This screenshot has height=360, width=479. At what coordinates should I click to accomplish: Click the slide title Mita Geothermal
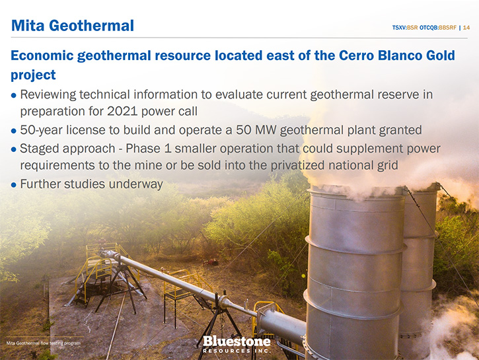[x=73, y=25]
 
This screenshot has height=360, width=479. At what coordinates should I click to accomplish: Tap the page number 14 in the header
[x=466, y=28]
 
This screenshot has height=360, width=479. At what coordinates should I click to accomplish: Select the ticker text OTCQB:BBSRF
[x=438, y=28]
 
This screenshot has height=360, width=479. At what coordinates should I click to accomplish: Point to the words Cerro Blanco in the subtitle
[x=377, y=55]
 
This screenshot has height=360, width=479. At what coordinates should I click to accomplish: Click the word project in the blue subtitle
[x=33, y=75]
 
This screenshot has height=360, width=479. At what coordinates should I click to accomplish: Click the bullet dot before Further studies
[x=13, y=185]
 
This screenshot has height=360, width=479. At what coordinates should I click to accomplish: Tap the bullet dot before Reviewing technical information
[x=13, y=95]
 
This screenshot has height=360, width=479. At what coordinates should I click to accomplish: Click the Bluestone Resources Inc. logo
[x=237, y=344]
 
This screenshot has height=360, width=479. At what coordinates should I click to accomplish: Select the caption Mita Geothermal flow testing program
[x=44, y=343]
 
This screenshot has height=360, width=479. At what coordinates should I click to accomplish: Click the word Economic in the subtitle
[x=42, y=55]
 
